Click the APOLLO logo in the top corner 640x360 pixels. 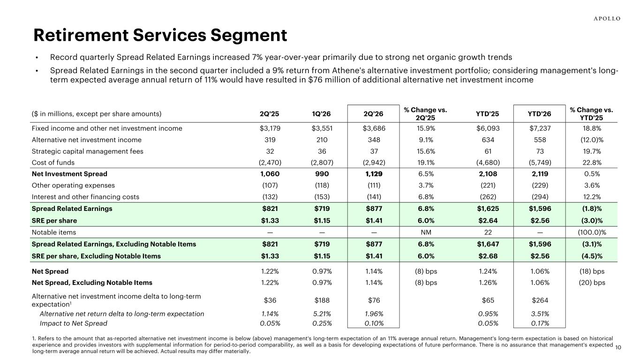pos(607,19)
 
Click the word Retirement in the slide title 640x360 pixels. pos(81,35)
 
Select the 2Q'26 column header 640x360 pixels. pos(373,114)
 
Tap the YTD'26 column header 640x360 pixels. pos(539,114)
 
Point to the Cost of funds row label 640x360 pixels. pos(53,163)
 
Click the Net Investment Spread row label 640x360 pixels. pos(69,174)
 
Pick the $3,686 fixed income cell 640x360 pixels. pos(374,128)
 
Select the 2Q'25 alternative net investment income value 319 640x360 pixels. pos(270,140)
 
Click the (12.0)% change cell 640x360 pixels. pos(592,140)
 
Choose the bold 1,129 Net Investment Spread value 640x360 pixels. pos(374,174)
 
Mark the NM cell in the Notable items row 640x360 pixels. pos(426,232)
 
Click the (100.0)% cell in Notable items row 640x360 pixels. pos(592,232)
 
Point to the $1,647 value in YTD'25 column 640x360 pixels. pos(488,244)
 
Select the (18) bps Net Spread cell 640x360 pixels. pos(592,271)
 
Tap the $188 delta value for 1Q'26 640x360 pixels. pos(322,300)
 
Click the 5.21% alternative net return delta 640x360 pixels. pos(322,314)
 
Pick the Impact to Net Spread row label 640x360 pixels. pos(73,323)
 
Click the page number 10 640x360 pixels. pos(618,347)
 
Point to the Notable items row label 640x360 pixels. pos(54,232)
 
